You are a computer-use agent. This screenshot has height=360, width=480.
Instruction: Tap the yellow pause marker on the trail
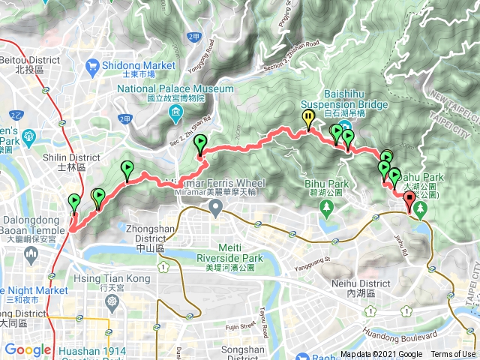tap(308, 118)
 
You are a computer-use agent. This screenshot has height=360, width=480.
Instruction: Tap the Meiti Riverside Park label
tap(228, 253)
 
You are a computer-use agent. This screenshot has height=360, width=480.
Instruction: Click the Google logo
tap(28, 350)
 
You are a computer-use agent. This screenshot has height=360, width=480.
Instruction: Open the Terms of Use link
tap(453, 355)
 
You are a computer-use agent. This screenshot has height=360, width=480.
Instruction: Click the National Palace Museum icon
tap(175, 114)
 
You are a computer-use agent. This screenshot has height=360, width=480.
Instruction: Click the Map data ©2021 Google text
tap(381, 355)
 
